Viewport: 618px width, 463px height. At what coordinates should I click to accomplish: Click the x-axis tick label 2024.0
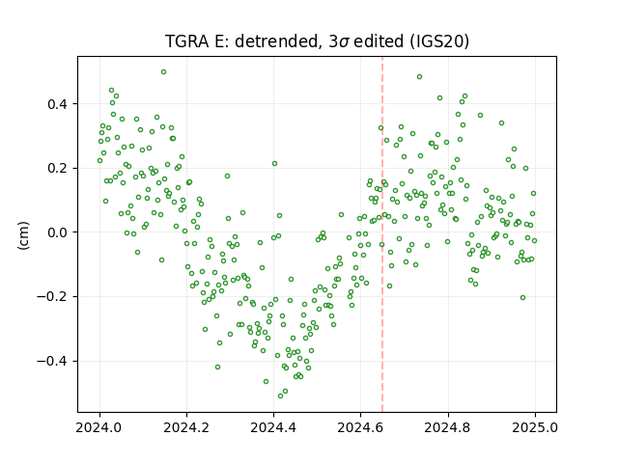pos(99,427)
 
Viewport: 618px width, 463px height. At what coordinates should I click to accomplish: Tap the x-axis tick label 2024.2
pos(186,427)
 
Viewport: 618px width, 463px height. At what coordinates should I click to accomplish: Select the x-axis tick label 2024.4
pos(273,427)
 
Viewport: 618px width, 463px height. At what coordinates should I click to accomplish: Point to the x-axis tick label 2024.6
pos(360,427)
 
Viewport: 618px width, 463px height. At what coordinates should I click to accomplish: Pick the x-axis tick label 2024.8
pos(448,427)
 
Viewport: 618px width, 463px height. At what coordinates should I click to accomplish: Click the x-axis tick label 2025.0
pos(535,427)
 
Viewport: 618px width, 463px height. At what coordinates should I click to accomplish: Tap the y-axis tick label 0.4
pos(58,104)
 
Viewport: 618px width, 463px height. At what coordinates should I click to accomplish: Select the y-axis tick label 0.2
pos(58,169)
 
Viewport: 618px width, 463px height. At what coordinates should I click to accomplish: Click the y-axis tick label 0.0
pos(58,232)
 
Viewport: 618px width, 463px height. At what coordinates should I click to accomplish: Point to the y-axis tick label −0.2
pos(53,297)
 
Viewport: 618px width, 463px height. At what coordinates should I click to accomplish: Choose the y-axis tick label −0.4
pos(53,362)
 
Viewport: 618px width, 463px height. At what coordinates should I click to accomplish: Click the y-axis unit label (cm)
pos(23,235)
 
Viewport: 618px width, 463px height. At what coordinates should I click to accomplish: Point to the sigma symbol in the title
pos(344,42)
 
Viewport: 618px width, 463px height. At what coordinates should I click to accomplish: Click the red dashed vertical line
pos(382,234)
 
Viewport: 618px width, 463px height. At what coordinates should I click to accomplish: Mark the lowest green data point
pos(281,395)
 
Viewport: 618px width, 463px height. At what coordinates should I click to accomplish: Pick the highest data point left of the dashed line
pos(163,71)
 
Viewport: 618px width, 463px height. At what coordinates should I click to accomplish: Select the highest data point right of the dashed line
pos(419,77)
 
